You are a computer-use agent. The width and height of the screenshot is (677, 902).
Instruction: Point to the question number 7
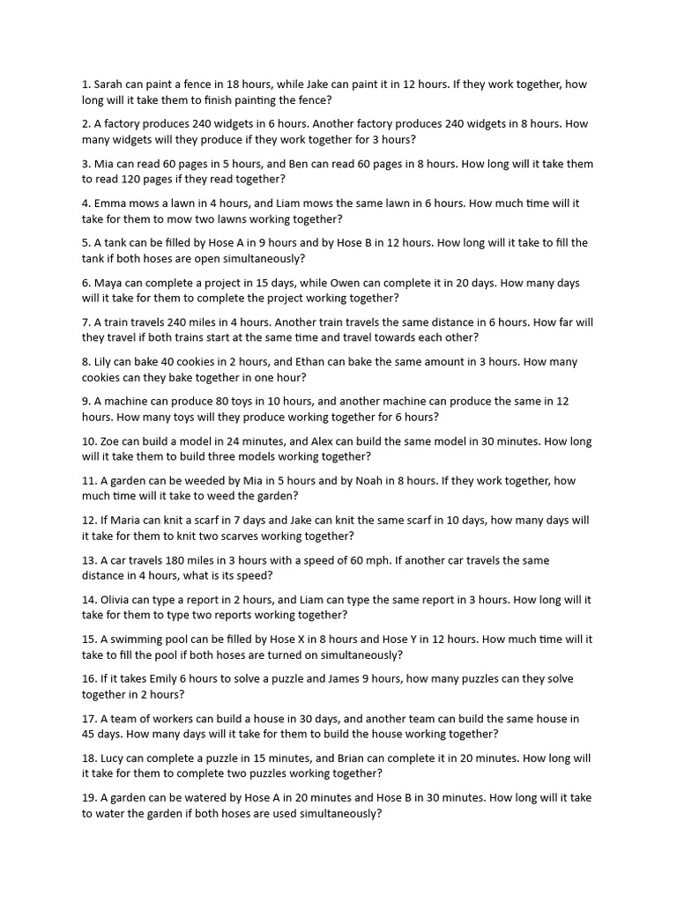pos(86,322)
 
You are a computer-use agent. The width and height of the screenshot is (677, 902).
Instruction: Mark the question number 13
pos(89,560)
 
